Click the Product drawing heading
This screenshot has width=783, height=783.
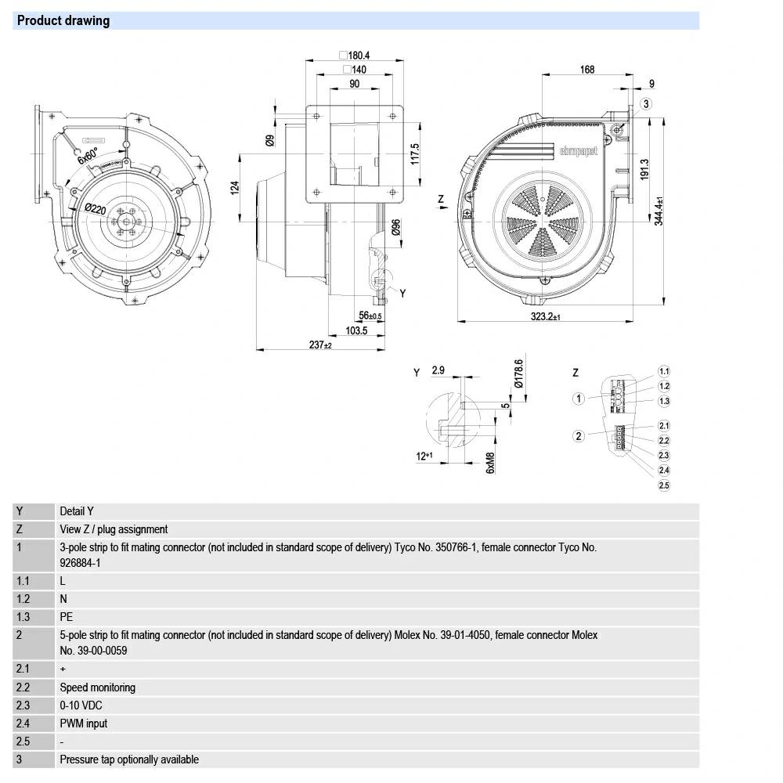pos(63,21)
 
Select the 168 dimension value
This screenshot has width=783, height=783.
pos(587,70)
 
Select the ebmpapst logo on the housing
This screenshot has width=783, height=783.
pos(578,150)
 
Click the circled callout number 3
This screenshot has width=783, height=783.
pos(646,104)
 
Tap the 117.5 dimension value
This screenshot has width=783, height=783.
pos(415,153)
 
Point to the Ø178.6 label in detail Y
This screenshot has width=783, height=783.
pos(518,375)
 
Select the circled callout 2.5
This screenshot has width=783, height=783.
pos(664,485)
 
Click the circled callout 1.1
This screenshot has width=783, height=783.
pos(664,371)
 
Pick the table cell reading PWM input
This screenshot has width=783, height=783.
pos(84,723)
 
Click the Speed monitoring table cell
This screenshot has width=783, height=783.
pos(98,687)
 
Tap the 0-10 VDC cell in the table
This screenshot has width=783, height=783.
pos(81,705)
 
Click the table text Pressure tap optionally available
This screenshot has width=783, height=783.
pos(129,760)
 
